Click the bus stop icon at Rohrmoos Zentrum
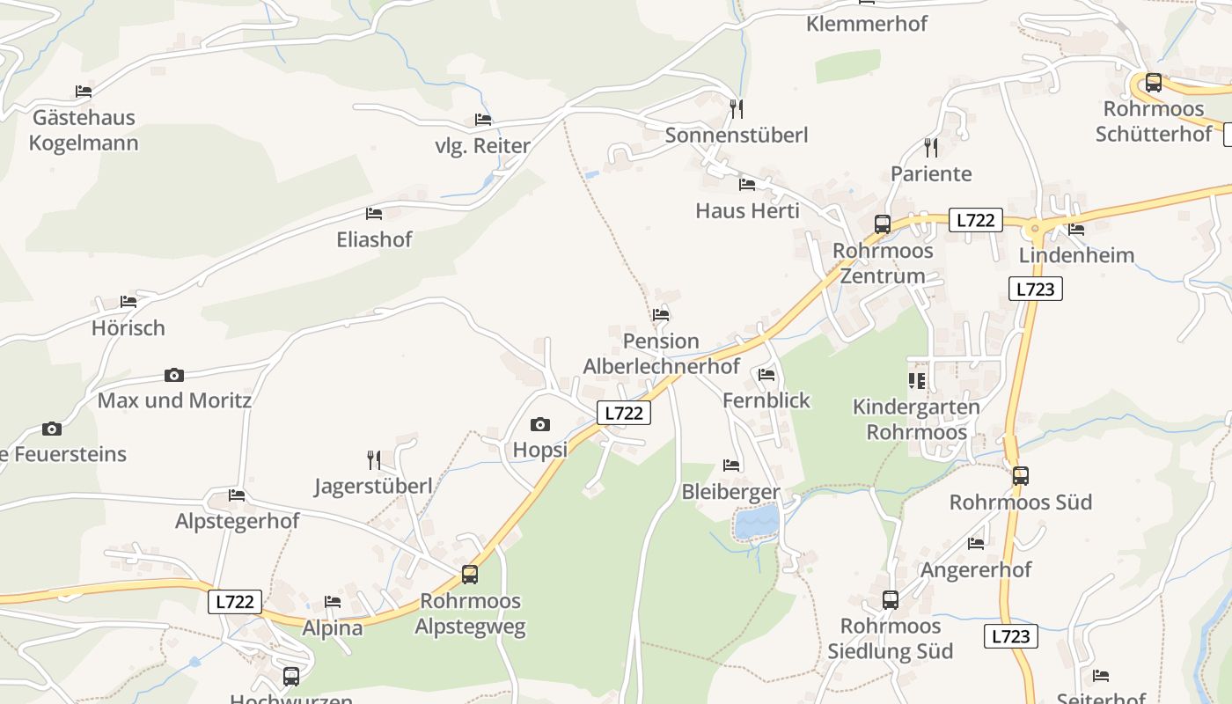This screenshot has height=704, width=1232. pos(883,224)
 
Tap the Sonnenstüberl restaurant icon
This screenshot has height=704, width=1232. pos(737,108)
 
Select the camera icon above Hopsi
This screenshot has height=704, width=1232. pos(540,425)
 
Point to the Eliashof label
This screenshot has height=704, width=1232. pos(374,239)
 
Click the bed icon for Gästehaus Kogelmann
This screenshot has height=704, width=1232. pos(84,92)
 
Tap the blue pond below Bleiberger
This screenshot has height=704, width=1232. pos(757,522)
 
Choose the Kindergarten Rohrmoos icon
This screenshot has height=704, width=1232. pos(917,381)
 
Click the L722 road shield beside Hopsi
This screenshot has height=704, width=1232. pos(624,412)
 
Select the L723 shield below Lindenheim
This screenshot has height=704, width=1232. pos(1035,289)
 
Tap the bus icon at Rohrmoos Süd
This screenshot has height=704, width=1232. pos(1021,476)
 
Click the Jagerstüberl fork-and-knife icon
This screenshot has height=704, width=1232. pos(374,459)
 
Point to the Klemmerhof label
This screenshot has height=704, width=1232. pos(867,24)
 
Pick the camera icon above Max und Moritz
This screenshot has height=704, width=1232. pos(174,376)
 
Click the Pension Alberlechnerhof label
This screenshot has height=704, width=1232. pos(662,354)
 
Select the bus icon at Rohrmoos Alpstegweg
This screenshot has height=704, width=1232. pos(470,575)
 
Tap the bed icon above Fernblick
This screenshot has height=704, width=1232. pos(766,375)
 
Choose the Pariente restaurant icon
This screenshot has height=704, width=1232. pos(931,147)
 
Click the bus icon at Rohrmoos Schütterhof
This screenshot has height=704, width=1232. pos(1154,83)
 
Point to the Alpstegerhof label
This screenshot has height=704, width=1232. pos(238,521)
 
